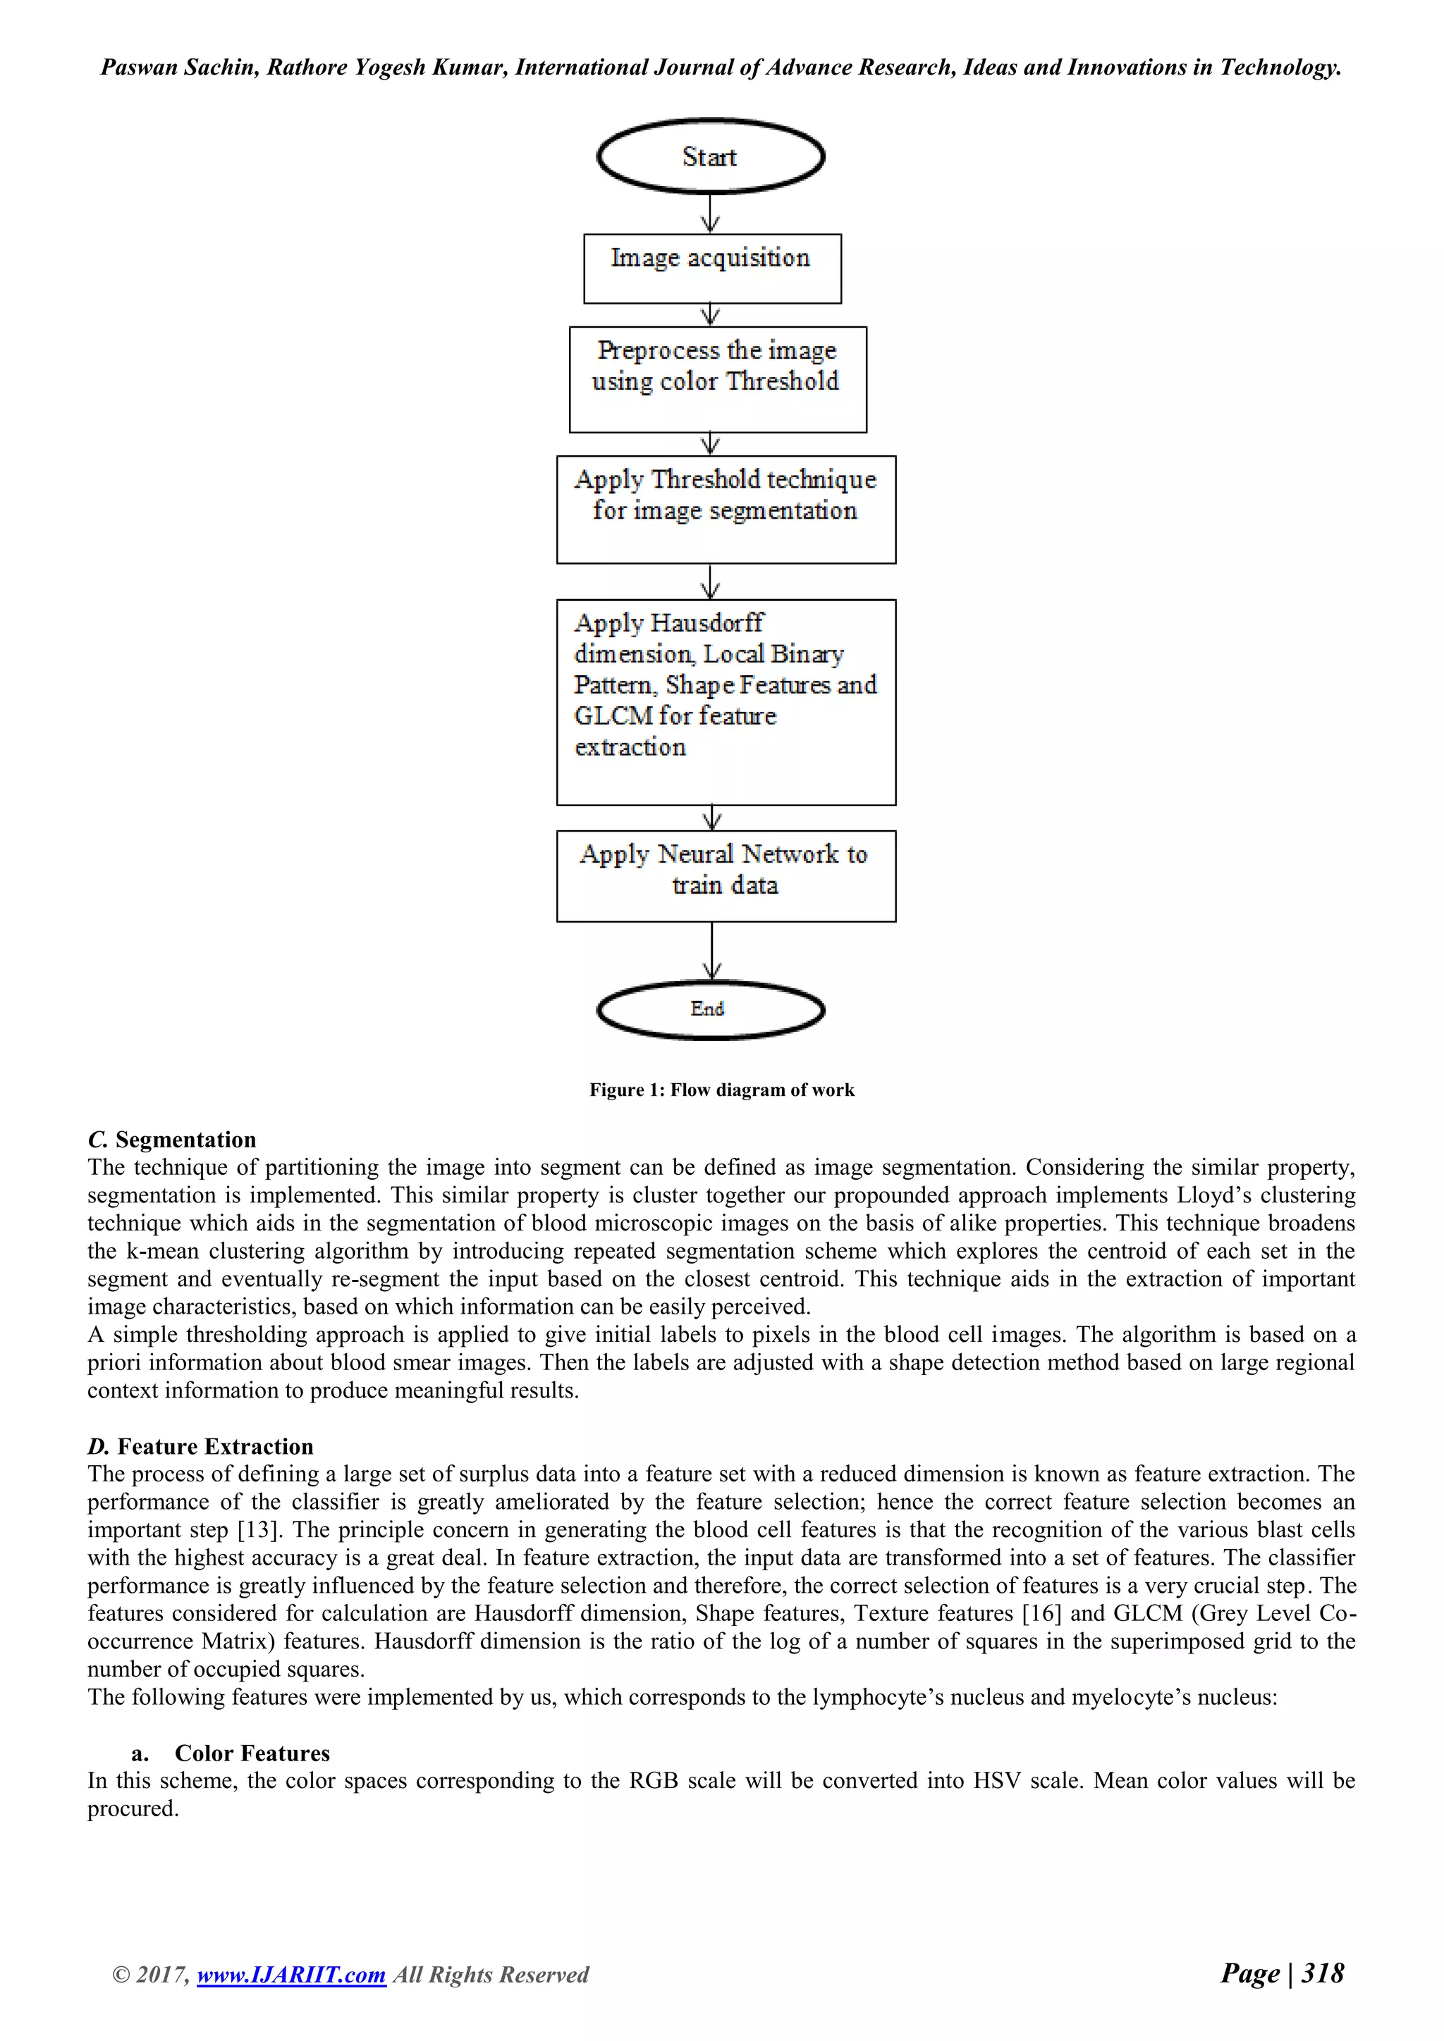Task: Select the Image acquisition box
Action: (711, 269)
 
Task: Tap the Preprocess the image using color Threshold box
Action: (718, 380)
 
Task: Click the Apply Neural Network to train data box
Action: (726, 875)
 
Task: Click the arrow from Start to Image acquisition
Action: (709, 214)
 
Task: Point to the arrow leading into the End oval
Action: (711, 951)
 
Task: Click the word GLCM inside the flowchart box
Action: (613, 715)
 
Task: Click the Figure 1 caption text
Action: (721, 1090)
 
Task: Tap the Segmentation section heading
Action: (173, 1140)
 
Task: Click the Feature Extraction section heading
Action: (201, 1446)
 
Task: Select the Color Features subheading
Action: (252, 1753)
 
